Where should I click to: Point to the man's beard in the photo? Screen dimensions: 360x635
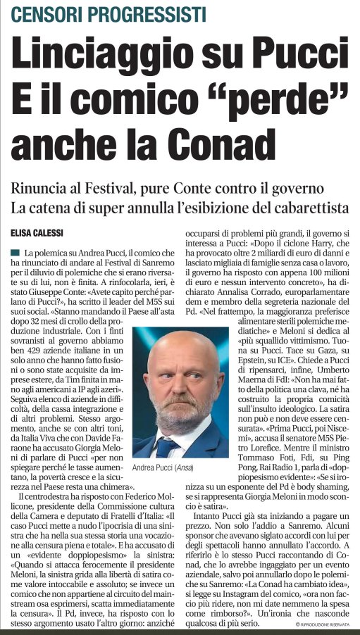coord(179,414)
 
